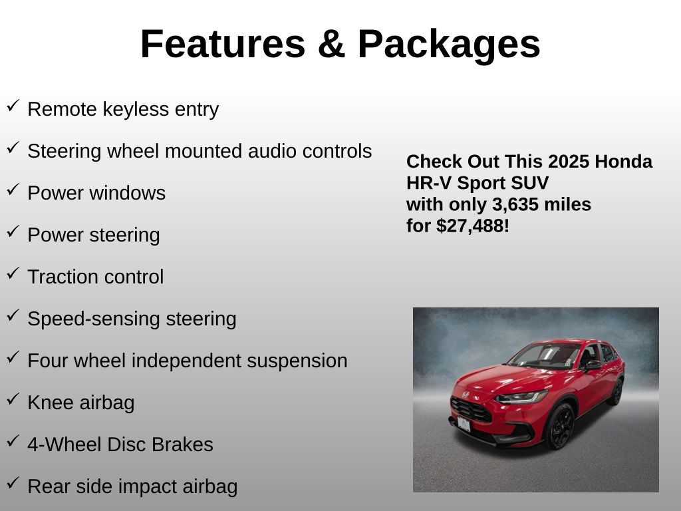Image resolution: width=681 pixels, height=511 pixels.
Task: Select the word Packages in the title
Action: point(449,46)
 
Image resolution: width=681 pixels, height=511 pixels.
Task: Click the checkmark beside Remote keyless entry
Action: point(13,106)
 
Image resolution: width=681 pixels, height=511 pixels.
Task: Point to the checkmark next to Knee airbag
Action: point(13,399)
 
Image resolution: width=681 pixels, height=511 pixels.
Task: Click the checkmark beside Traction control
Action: point(13,273)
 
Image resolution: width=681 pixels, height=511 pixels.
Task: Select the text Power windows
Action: point(96,193)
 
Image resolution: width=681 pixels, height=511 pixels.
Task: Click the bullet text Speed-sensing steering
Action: point(132,319)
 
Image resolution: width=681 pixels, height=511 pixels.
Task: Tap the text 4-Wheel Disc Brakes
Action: point(120,444)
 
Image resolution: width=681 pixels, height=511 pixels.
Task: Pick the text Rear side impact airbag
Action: point(132,487)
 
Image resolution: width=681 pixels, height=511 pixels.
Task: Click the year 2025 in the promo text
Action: point(568,162)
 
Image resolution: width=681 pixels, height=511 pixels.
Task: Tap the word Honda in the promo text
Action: point(623,162)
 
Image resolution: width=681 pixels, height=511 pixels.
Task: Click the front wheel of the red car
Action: point(560,426)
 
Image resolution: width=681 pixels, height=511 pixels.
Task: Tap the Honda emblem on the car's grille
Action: point(465,395)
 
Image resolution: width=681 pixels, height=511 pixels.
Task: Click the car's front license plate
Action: point(464,424)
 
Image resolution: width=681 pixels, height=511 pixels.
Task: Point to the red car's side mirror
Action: point(593,365)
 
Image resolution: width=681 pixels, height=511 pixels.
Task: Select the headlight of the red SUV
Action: point(521,397)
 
